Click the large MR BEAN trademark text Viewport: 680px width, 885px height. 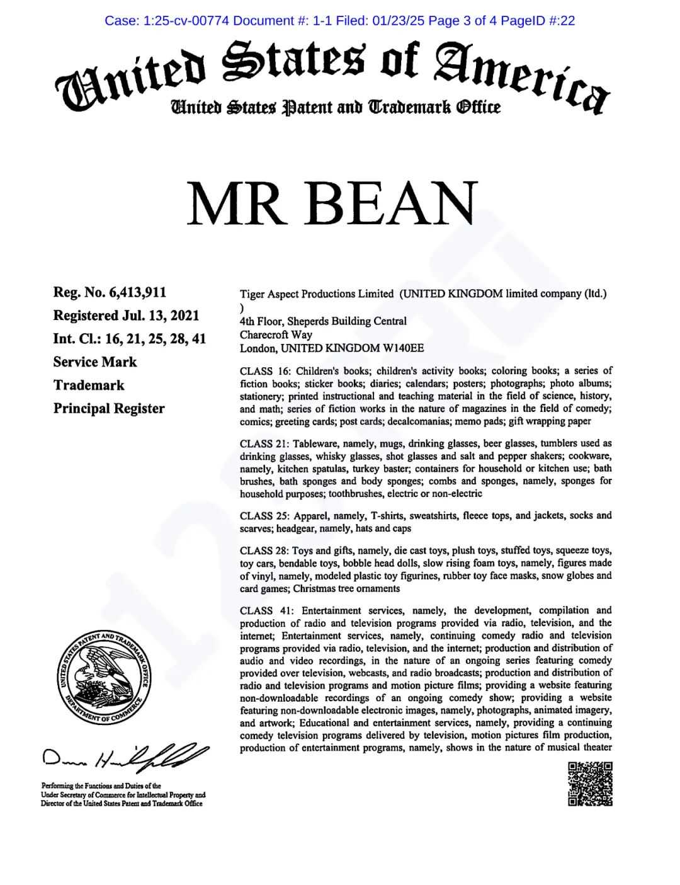(332, 204)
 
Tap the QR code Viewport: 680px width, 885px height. (590, 784)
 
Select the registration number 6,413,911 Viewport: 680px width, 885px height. (137, 292)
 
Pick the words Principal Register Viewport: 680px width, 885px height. (109, 408)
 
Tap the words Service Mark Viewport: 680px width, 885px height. (94, 362)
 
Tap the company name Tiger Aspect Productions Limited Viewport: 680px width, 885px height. (317, 294)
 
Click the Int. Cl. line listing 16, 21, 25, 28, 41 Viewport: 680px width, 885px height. (129, 339)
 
